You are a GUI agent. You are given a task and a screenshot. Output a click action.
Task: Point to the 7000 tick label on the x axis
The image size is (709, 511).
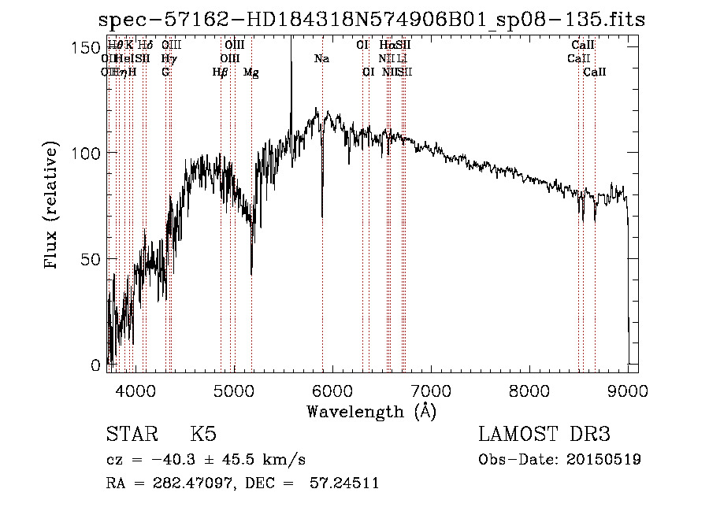(430, 390)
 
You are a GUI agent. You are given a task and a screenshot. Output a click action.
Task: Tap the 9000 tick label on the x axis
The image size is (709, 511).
(628, 390)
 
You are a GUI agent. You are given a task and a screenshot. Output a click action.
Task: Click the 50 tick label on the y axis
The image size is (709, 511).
(93, 259)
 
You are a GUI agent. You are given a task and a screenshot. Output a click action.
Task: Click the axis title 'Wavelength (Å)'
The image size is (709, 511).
(371, 411)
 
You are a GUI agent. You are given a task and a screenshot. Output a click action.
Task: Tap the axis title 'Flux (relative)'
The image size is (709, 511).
(53, 206)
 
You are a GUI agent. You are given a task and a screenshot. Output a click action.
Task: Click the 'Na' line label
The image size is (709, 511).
(321, 59)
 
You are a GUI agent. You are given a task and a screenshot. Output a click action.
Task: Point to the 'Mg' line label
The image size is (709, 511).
(251, 72)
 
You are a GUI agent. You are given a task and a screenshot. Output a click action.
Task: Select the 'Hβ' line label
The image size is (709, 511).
(221, 72)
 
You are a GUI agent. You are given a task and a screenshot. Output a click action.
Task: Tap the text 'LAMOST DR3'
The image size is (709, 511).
(544, 435)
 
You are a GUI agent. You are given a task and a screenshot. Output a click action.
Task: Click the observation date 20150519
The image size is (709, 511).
(603, 460)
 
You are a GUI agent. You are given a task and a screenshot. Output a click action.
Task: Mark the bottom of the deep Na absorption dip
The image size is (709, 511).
(321, 215)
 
